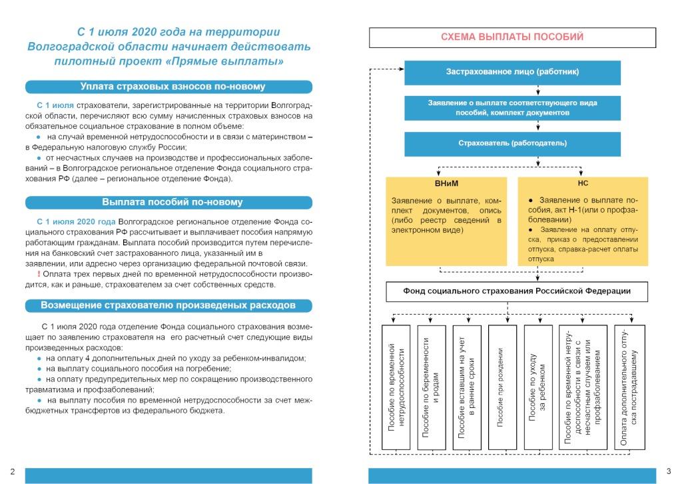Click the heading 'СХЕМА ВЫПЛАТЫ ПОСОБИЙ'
(x=511, y=37)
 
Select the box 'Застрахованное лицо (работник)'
(x=512, y=72)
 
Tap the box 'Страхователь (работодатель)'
(x=512, y=143)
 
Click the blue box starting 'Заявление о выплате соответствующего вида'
(x=512, y=108)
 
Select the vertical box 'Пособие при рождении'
(x=502, y=387)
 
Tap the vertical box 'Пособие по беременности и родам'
(x=431, y=387)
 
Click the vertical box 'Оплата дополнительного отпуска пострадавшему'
(x=629, y=387)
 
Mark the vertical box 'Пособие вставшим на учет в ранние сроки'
(x=467, y=387)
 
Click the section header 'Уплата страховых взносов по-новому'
(x=169, y=87)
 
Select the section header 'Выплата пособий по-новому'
(x=169, y=202)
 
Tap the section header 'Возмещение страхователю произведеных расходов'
(x=169, y=305)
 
